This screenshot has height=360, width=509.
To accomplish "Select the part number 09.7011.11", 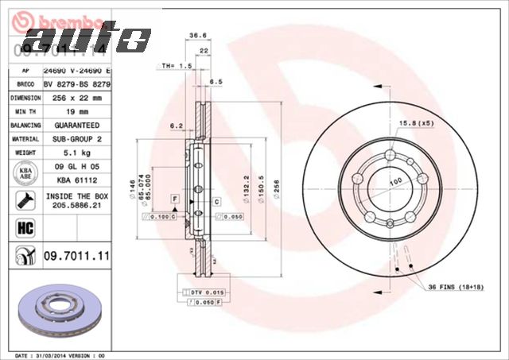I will click(x=76, y=255).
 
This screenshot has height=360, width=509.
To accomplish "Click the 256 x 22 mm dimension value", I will click(x=76, y=98).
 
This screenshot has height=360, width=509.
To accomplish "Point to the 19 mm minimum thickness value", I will click(x=76, y=112).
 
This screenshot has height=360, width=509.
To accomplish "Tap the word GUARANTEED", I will click(x=76, y=126).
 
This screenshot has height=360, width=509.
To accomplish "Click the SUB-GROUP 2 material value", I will click(x=76, y=140).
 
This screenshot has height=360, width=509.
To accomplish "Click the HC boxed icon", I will click(x=22, y=229).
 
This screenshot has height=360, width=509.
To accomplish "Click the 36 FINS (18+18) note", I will click(x=458, y=287).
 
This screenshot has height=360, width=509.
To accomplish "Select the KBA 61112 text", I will click(x=76, y=181).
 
